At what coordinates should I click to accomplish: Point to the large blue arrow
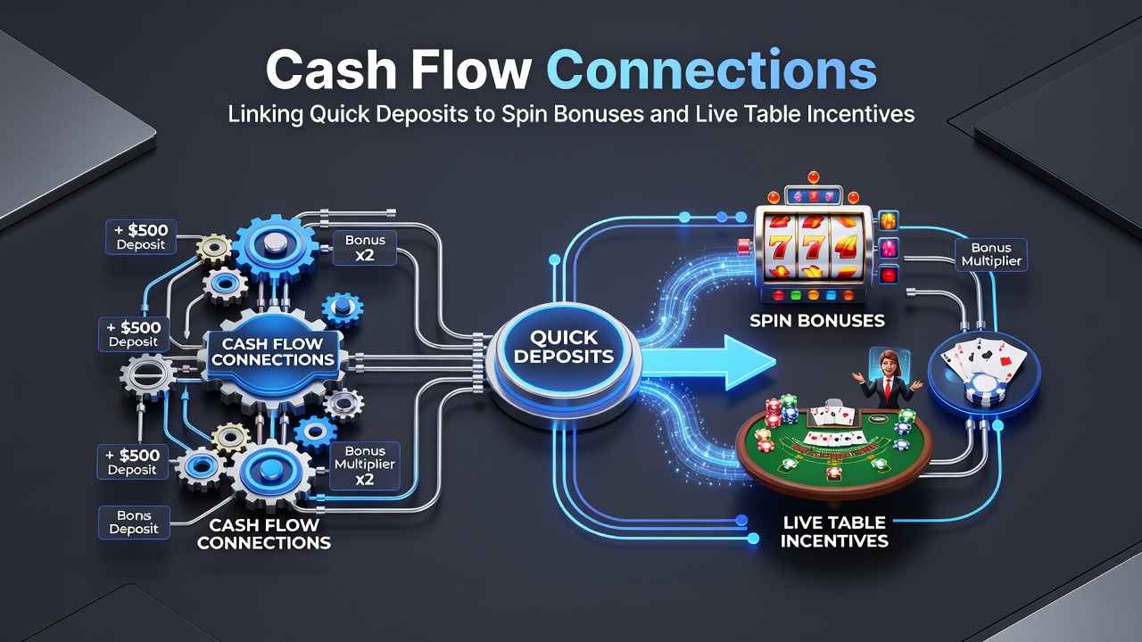(708, 363)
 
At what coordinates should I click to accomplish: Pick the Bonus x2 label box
(365, 248)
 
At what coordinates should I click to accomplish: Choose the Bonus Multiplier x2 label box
(365, 465)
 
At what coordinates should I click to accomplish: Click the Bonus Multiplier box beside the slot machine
(991, 255)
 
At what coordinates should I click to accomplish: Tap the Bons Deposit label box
(134, 523)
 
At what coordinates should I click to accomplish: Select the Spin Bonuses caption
(817, 320)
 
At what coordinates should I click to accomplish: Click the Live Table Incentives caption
(834, 531)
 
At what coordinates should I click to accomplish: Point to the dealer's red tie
(888, 389)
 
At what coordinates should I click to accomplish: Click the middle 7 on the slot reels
(810, 248)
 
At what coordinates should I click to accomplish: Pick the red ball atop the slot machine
(813, 177)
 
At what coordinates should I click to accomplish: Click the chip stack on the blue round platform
(986, 389)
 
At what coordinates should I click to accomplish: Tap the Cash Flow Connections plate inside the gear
(273, 351)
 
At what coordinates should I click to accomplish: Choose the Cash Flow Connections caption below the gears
(263, 533)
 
